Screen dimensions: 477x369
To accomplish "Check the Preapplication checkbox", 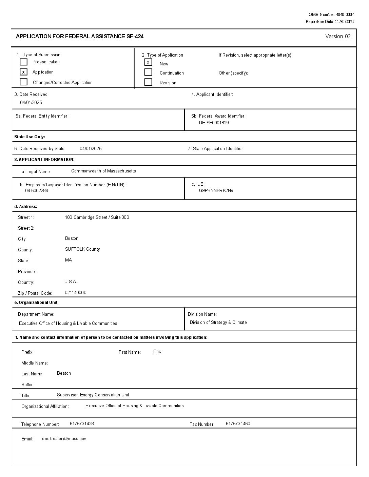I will pyautogui.click(x=23, y=62).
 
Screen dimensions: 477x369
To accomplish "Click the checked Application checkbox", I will pyautogui.click(x=23, y=72).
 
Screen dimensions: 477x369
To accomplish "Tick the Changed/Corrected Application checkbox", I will pyautogui.click(x=23, y=82).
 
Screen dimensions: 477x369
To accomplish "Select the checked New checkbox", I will pyautogui.click(x=148, y=62).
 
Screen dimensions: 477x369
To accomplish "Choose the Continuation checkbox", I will pyautogui.click(x=148, y=72).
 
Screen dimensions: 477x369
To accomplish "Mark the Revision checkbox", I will pyautogui.click(x=148, y=82).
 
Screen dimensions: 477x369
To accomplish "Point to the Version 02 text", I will pyautogui.click(x=338, y=37).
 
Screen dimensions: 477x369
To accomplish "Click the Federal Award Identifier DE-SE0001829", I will pyautogui.click(x=214, y=123).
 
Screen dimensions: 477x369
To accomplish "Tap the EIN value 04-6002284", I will pyautogui.click(x=37, y=191).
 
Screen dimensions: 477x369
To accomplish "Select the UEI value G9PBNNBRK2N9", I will pyautogui.click(x=216, y=191).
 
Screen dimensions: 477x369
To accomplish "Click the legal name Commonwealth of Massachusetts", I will pyautogui.click(x=103, y=171).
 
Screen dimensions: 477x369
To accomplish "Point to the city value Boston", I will pyautogui.click(x=72, y=239).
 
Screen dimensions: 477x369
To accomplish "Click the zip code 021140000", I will pyautogui.click(x=75, y=293).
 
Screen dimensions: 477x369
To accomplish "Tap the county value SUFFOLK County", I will pyautogui.click(x=82, y=249).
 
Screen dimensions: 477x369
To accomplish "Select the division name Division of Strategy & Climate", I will pyautogui.click(x=218, y=323).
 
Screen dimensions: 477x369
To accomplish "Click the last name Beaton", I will pyautogui.click(x=64, y=373).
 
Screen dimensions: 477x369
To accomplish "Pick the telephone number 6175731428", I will pyautogui.click(x=82, y=424).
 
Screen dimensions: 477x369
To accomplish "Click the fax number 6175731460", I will pyautogui.click(x=238, y=424).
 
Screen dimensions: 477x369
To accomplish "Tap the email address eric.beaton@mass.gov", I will pyautogui.click(x=64, y=439).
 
